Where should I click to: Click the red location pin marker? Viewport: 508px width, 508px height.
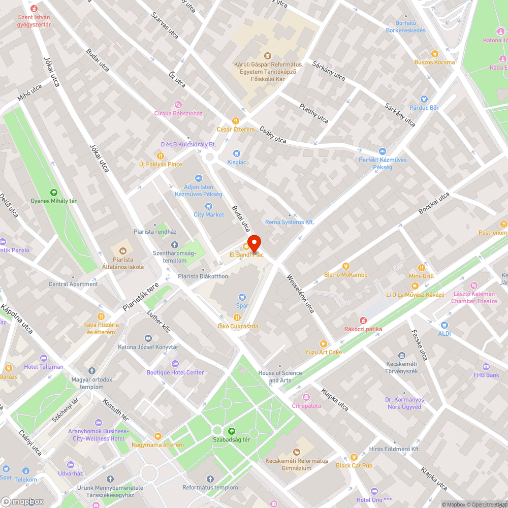(253, 242)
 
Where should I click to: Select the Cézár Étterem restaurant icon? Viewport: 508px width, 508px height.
(236, 120)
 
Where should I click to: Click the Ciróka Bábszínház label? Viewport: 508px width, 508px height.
(178, 113)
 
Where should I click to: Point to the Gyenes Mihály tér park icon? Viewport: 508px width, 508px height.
(53, 192)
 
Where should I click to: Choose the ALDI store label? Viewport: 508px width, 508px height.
(444, 333)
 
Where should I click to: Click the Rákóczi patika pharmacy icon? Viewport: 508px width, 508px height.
(363, 320)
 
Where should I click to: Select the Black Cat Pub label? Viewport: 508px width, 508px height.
(354, 465)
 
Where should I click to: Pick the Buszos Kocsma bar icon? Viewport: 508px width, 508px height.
(434, 53)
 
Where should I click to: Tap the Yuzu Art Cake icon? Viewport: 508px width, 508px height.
(324, 343)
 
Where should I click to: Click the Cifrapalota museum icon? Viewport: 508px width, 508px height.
(306, 397)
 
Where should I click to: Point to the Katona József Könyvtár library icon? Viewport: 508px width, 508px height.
(148, 338)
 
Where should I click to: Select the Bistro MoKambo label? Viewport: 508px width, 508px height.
(346, 275)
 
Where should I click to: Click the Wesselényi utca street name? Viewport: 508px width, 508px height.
(301, 294)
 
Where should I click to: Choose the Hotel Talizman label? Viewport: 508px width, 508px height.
(44, 367)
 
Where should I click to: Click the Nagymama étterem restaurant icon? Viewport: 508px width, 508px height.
(157, 436)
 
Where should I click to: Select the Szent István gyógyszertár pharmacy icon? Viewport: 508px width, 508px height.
(34, 9)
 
